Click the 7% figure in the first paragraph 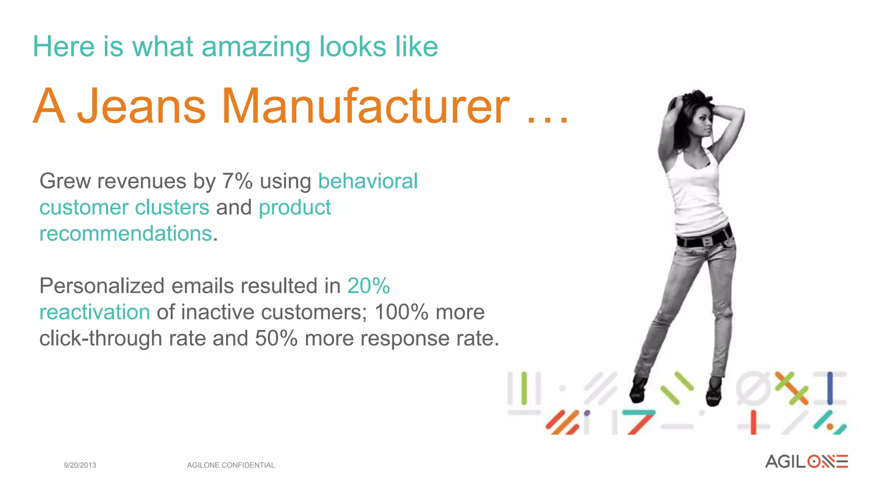(237, 181)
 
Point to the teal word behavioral (368, 181)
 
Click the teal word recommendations (126, 234)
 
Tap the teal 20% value (368, 286)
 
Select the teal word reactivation (95, 312)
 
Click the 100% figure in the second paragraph (401, 312)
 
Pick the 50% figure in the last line (276, 338)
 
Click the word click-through (100, 338)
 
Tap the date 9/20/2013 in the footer (80, 465)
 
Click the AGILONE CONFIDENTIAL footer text (231, 465)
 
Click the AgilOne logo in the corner (806, 462)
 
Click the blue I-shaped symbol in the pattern (829, 388)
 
